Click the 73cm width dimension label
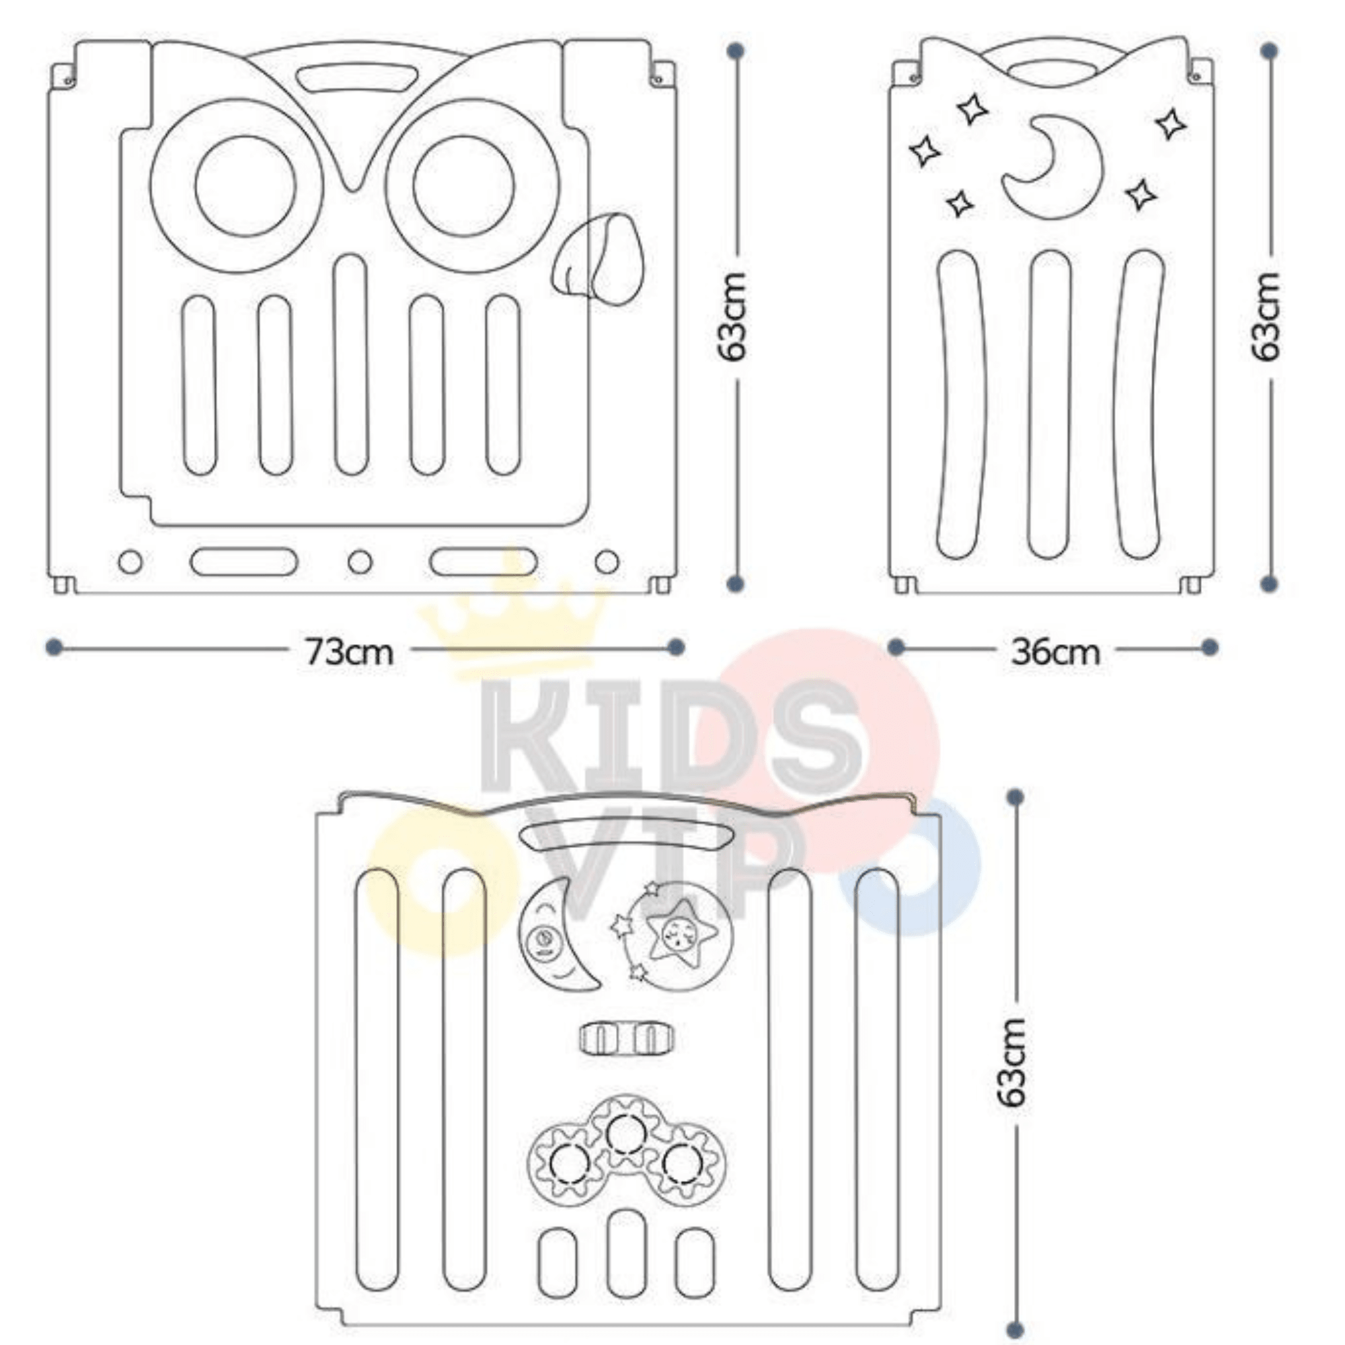[x=350, y=652]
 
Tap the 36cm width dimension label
[x=1055, y=652]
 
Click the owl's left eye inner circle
[x=245, y=186]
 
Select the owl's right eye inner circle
[x=463, y=186]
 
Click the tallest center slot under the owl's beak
[x=350, y=364]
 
